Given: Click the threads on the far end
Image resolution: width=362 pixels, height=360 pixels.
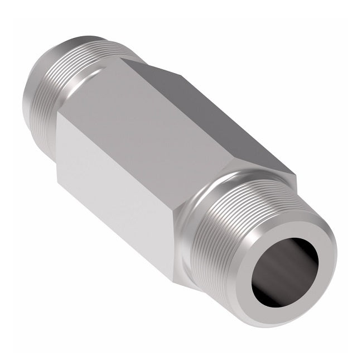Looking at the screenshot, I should [53, 78].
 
